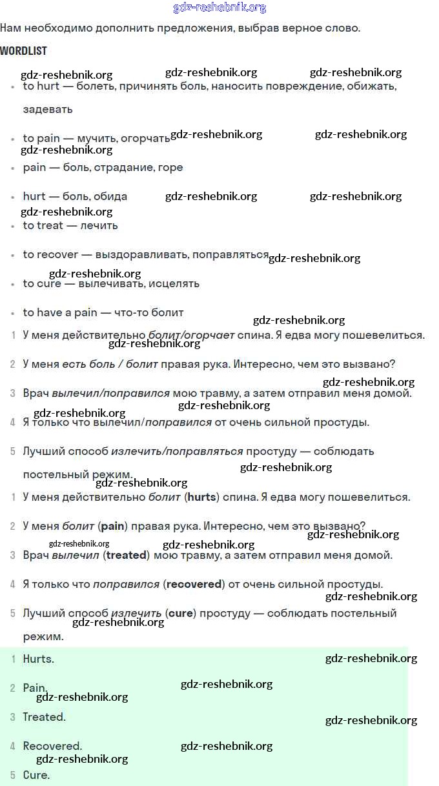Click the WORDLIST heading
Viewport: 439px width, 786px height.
[23, 51]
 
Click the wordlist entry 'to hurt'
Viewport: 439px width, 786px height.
[41, 86]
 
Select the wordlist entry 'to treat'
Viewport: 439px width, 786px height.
[42, 225]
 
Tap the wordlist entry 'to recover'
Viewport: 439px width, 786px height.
[50, 254]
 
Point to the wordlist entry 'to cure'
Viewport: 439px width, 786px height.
[42, 283]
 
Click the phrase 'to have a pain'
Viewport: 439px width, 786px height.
[59, 312]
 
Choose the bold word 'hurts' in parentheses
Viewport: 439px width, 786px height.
[202, 497]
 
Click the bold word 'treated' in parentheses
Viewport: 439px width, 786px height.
[127, 555]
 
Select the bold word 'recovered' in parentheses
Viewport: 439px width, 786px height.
[194, 584]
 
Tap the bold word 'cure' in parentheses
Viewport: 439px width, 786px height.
[181, 613]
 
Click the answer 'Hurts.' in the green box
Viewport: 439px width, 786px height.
[38, 659]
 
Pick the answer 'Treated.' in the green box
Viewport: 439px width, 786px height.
[44, 717]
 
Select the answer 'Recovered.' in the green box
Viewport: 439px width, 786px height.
[52, 746]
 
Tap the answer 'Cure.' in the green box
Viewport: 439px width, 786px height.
[36, 775]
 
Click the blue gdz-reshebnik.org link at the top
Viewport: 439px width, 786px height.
[219, 8]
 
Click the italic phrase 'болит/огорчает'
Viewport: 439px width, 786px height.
[191, 335]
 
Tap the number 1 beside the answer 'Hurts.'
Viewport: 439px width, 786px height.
[13, 659]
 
